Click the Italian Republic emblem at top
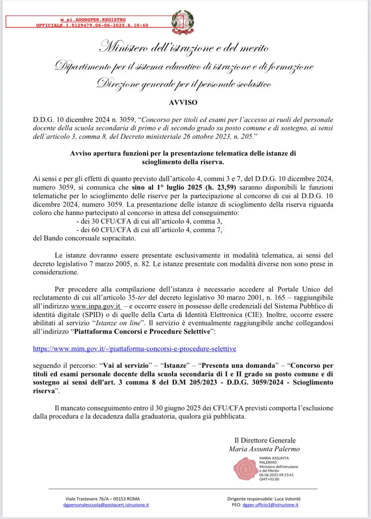pos(183,22)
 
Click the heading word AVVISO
pos(183,103)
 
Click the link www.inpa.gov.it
pos(96,306)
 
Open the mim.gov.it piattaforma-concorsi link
pos(135,349)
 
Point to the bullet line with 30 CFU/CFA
pos(149,221)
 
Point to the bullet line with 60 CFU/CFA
pos(149,230)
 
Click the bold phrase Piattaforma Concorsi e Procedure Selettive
pos(142,332)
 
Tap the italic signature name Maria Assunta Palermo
pos(264,449)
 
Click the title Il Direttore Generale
pos(265,440)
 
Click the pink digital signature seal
pos(245,468)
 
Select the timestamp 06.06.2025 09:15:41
pos(276,475)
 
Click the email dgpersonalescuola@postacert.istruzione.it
pos(106,505)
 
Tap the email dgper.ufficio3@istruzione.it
pos(270,505)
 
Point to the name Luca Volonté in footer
pos(289,499)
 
